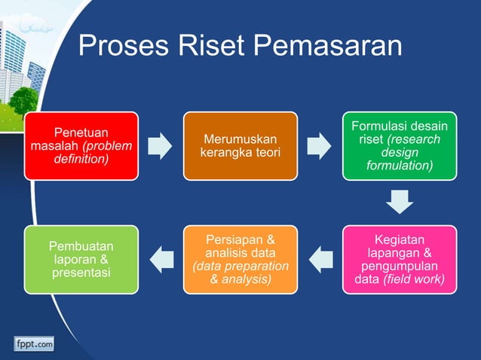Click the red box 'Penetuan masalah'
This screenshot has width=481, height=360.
81,146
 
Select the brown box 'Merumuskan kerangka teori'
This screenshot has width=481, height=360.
240,146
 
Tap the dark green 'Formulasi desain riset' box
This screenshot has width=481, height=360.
399,146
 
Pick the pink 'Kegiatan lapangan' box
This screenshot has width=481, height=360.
399,259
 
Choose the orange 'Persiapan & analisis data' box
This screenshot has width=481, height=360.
240,259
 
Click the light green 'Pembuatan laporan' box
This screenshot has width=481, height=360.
81,259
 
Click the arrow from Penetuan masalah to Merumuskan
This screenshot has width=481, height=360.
160,146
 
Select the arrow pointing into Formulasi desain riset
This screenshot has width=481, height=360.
319,146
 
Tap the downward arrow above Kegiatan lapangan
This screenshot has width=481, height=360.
399,201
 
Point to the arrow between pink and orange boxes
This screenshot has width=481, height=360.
320,259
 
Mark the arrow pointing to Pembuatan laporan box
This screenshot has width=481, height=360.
161,259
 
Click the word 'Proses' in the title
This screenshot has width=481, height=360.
121,47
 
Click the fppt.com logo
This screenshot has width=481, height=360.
33,344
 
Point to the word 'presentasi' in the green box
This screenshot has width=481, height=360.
81,273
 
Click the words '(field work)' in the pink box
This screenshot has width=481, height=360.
414,280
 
